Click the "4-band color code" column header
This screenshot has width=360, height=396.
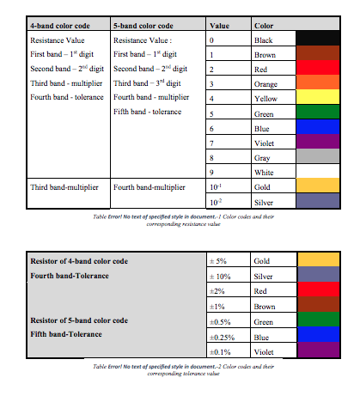60,27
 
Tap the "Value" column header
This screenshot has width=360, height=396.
220,27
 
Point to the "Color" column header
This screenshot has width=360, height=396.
265,27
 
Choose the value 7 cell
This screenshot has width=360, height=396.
211,143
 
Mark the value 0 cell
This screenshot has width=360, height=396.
211,40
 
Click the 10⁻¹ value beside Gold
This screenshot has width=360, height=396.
216,186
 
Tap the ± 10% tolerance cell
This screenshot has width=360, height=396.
220,276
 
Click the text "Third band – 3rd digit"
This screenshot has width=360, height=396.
147,83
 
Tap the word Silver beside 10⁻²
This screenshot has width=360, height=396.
265,201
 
